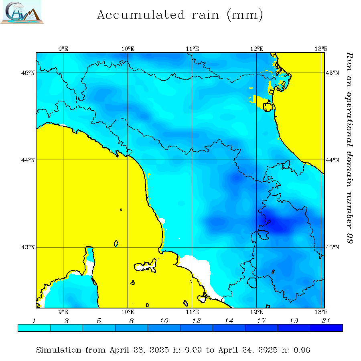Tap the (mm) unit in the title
pos(245,15)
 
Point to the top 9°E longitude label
pos(63,49)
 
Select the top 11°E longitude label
pos(193,49)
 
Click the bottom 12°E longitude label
pos(257,311)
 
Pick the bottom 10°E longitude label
pos(128,311)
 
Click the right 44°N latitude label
pos(331,160)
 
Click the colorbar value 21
pos(326,320)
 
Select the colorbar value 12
pos(196,320)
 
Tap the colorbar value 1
pos(34,320)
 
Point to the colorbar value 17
pos(261,320)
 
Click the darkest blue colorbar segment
pos(326,328)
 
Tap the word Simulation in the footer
pos(59,350)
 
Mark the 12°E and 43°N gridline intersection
pos(257,247)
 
